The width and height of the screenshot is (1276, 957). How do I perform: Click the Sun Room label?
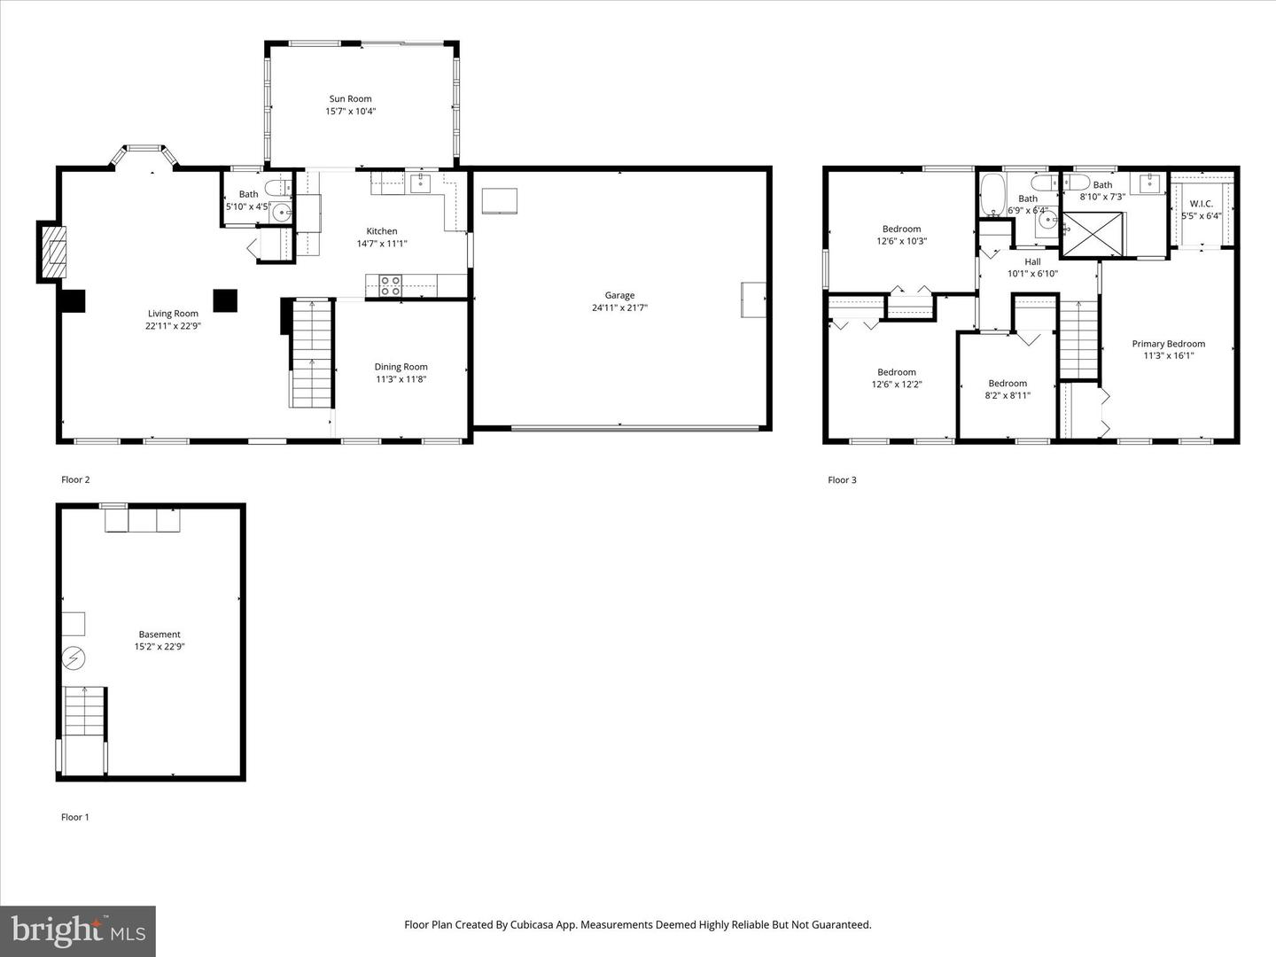click(x=350, y=99)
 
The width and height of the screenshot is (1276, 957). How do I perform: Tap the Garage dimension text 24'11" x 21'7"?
click(x=619, y=308)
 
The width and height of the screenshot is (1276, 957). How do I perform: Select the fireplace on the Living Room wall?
click(x=55, y=252)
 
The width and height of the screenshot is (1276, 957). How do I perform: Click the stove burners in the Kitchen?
click(x=390, y=285)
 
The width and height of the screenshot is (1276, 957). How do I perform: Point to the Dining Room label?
click(x=401, y=367)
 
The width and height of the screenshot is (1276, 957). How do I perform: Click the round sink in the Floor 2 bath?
click(x=282, y=213)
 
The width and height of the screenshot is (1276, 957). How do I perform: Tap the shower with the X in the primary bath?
click(x=1093, y=233)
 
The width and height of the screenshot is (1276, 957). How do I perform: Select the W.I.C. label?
click(x=1201, y=204)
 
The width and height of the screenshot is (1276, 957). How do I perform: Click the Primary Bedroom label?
click(x=1168, y=344)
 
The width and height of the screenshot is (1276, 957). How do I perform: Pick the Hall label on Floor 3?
click(x=1032, y=262)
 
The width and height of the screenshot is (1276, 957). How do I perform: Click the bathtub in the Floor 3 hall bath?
click(x=992, y=194)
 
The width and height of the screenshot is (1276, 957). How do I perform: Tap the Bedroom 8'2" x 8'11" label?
click(x=1008, y=384)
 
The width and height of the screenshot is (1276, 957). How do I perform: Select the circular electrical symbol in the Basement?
click(x=74, y=658)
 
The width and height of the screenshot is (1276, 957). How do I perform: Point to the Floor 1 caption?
click(x=75, y=817)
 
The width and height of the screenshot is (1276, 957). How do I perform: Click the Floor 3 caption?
click(x=842, y=480)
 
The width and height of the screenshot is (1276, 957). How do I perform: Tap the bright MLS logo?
click(x=78, y=930)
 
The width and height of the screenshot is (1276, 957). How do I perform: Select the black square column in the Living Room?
click(x=225, y=301)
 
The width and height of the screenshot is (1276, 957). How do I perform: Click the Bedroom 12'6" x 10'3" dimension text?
click(x=901, y=241)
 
